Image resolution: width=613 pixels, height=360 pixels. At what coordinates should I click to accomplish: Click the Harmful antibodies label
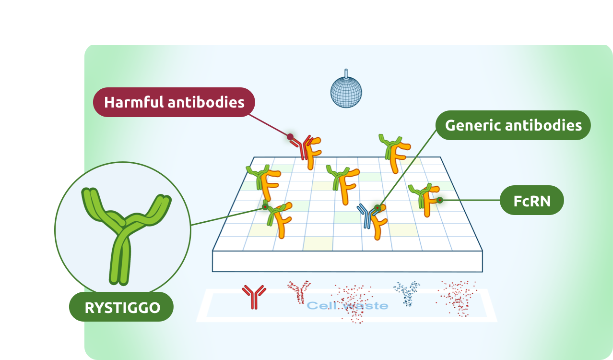click(174, 102)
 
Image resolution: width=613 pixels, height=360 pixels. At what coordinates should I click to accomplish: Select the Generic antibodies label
click(513, 126)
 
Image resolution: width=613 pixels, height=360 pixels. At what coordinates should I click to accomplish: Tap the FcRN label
click(531, 200)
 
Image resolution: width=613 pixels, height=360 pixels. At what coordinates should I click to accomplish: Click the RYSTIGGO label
click(122, 307)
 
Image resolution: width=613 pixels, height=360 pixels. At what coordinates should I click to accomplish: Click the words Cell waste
click(347, 305)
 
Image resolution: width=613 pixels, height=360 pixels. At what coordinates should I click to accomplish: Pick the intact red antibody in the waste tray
click(254, 296)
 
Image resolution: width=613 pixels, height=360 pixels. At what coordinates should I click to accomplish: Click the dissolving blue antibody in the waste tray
click(407, 292)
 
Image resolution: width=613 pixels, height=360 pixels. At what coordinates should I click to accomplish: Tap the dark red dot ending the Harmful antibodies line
click(290, 137)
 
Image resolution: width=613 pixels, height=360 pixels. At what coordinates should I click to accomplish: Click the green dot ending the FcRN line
click(439, 200)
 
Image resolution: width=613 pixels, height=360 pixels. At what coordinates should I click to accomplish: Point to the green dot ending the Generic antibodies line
click(377, 208)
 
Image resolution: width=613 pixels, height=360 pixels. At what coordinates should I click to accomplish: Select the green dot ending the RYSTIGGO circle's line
click(265, 207)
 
